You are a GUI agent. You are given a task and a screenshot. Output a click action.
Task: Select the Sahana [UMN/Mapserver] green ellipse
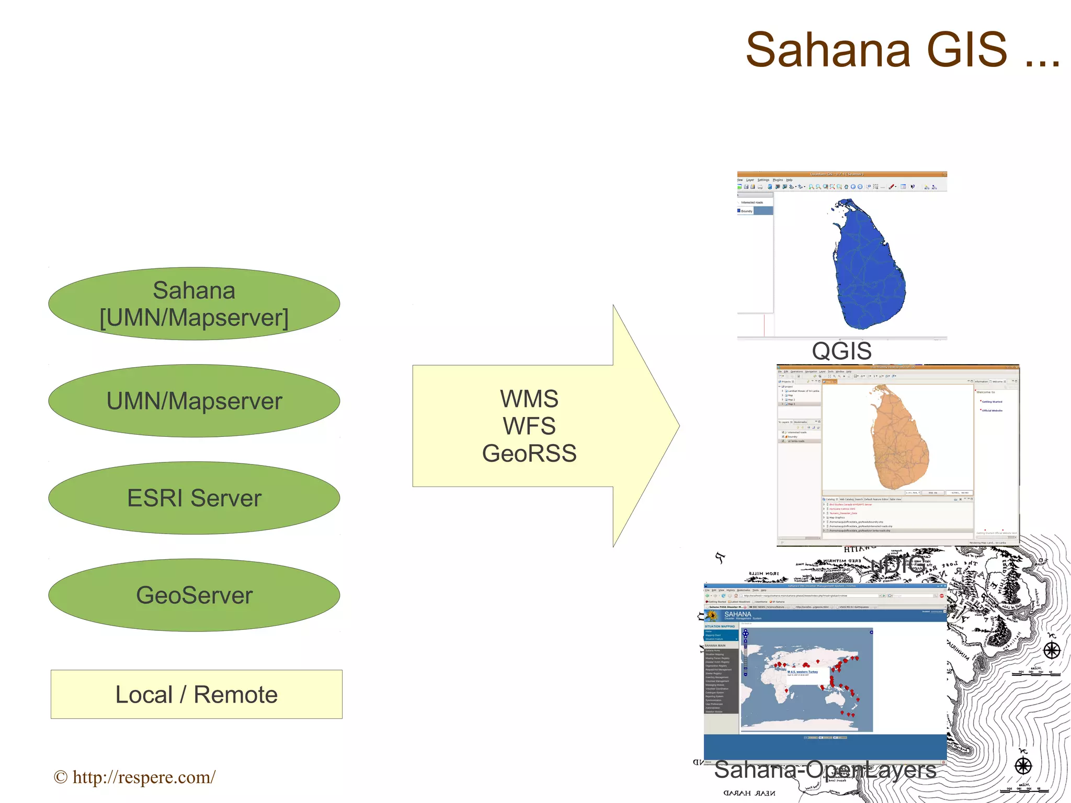pos(194,304)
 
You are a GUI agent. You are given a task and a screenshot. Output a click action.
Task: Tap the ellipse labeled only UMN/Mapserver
pos(194,401)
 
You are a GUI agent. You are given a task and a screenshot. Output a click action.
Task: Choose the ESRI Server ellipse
pos(194,498)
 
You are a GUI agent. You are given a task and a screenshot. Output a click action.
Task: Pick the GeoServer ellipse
pos(194,595)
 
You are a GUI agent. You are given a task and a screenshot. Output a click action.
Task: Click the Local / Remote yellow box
pos(197,695)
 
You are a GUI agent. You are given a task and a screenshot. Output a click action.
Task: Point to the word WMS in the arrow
pos(529,399)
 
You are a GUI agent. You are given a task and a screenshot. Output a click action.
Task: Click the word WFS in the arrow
pos(529,426)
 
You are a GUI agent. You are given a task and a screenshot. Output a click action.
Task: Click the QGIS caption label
pos(841,351)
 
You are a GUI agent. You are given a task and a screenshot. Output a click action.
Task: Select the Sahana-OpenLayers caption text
pos(825,770)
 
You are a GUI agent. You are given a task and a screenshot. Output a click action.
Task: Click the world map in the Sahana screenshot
pos(807,680)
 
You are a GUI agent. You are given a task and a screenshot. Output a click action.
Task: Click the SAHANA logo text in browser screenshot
pos(737,614)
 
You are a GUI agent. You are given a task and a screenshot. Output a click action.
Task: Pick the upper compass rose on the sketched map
pos(1052,650)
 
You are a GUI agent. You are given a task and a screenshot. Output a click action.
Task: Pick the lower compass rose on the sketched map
pos(1023,766)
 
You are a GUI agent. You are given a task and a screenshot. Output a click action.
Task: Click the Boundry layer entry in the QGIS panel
pos(747,211)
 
